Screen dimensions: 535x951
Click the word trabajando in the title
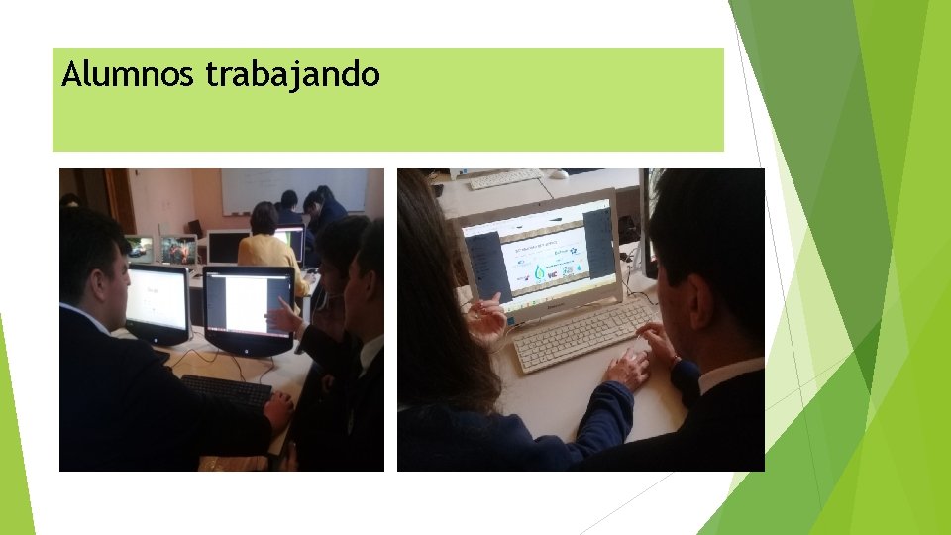(292, 75)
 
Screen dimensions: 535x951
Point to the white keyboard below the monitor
(581, 336)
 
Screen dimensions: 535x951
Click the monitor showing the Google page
(157, 298)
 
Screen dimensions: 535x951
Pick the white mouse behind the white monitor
(559, 174)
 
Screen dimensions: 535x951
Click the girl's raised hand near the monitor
(488, 320)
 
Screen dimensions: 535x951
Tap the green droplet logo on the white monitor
(540, 271)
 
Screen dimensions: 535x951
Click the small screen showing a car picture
(139, 248)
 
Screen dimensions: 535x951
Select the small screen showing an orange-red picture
(178, 250)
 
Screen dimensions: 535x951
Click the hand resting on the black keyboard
(279, 407)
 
